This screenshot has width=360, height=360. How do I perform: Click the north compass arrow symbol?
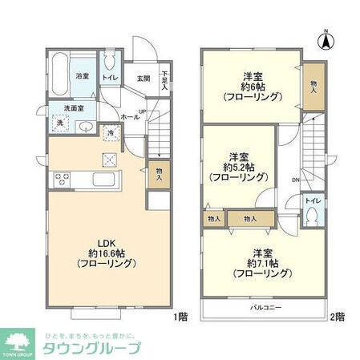pos(326,38)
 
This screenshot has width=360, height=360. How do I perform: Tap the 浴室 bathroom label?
pos(82,76)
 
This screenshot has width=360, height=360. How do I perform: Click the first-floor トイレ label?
pos(110,79)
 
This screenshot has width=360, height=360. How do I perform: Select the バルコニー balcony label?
pos(265,307)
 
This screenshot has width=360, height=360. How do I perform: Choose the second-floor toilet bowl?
pos(313,216)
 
